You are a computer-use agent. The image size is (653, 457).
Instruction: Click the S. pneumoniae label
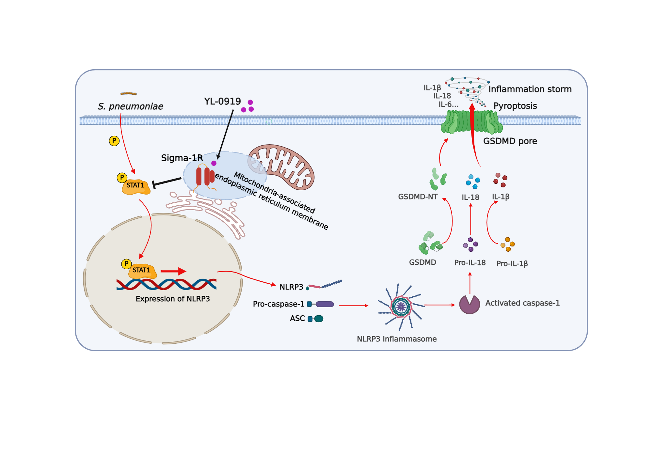tap(130, 106)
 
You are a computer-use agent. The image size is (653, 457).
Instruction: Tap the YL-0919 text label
tap(222, 102)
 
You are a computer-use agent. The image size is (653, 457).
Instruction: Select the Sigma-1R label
tap(182, 158)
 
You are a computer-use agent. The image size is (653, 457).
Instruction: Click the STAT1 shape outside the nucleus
tap(136, 187)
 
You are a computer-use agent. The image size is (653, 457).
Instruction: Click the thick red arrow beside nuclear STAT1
tap(173, 271)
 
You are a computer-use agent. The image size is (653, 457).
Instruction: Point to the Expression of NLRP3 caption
tap(173, 299)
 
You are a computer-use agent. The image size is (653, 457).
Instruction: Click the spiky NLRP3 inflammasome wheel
tap(401, 307)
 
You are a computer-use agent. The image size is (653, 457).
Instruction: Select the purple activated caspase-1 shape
tap(470, 305)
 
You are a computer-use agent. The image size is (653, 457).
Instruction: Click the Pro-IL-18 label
tap(470, 263)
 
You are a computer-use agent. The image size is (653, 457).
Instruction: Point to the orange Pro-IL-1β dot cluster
tap(508, 244)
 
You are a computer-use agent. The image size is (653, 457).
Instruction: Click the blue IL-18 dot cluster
tap(473, 181)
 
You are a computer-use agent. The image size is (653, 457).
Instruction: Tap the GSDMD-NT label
tap(418, 197)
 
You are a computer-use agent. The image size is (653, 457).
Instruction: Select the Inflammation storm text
tap(530, 89)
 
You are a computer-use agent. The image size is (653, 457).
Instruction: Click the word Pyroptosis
tap(515, 106)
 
